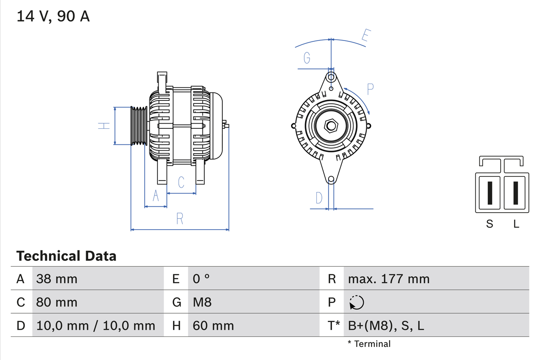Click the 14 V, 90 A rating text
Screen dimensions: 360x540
53,16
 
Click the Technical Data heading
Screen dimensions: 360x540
66,256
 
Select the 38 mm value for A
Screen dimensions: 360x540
57,279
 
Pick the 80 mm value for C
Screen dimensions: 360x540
57,302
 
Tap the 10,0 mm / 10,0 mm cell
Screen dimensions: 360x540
96,325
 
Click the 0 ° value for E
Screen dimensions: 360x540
201,279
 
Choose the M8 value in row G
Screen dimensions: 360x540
202,302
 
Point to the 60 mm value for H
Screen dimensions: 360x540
213,325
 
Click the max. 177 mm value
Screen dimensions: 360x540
389,279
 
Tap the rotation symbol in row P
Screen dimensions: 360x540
356,302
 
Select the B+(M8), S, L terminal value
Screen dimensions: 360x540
386,325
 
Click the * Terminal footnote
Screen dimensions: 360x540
369,344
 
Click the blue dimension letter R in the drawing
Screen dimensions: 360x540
180,219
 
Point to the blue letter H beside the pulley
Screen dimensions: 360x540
104,125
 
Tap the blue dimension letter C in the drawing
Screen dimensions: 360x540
181,182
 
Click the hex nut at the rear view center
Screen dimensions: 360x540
331,126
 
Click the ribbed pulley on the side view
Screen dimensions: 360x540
138,126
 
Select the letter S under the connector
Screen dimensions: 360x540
489,224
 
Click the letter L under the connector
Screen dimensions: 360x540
516,224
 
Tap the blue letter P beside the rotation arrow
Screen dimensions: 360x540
370,89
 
